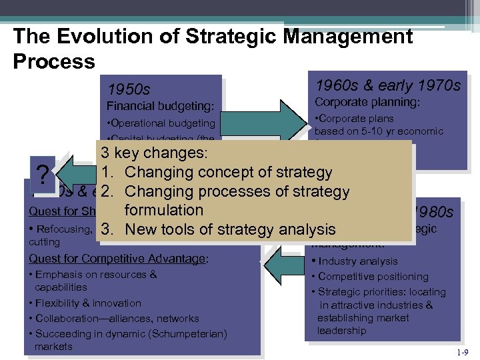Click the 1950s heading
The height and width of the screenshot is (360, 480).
pyautogui.click(x=129, y=89)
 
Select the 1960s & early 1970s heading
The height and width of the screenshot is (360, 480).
pyautogui.click(x=387, y=85)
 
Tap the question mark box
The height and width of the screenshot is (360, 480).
pyautogui.click(x=43, y=175)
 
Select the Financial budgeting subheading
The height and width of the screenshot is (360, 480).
pyautogui.click(x=160, y=106)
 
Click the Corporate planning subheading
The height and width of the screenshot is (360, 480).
pyautogui.click(x=367, y=102)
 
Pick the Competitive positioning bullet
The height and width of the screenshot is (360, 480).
pyautogui.click(x=373, y=276)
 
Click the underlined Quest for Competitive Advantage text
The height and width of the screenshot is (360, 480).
pyautogui.click(x=117, y=259)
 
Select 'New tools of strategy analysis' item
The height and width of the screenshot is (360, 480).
pyautogui.click(x=229, y=229)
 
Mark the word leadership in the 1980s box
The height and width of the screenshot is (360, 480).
pyautogui.click(x=341, y=331)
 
